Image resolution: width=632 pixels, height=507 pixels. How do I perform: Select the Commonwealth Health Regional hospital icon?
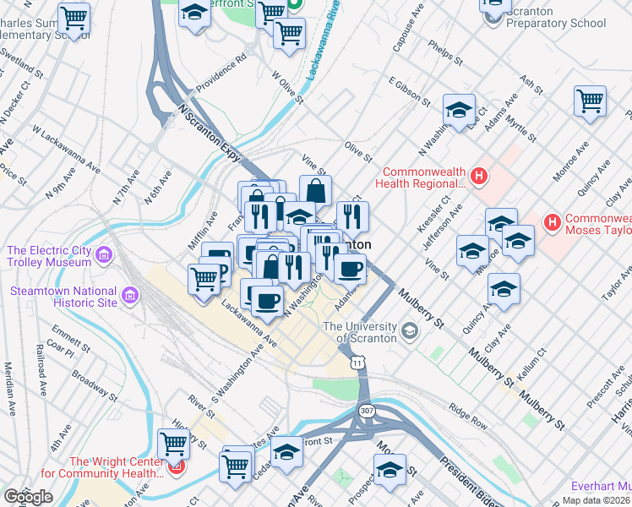click(479, 176)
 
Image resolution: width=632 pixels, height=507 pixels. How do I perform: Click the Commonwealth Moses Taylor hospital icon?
click(553, 222)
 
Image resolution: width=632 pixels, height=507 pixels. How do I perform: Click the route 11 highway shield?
click(359, 362)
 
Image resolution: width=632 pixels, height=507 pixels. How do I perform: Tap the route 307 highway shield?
click(366, 410)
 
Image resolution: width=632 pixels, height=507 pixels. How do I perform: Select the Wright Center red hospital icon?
click(177, 466)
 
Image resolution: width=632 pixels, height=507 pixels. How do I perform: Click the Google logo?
click(29, 497)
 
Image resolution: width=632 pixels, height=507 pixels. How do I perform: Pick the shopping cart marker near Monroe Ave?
click(590, 101)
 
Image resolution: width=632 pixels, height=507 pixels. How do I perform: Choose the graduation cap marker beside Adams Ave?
click(459, 110)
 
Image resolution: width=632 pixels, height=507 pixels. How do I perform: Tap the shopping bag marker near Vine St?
click(315, 190)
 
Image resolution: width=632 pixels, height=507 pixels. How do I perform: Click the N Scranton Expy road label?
click(210, 134)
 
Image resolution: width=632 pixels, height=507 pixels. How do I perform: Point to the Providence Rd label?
click(221, 75)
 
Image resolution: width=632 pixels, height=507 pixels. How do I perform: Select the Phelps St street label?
click(446, 52)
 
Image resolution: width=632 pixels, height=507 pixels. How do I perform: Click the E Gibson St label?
click(409, 93)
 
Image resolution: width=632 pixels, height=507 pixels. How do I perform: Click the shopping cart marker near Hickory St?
click(173, 442)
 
